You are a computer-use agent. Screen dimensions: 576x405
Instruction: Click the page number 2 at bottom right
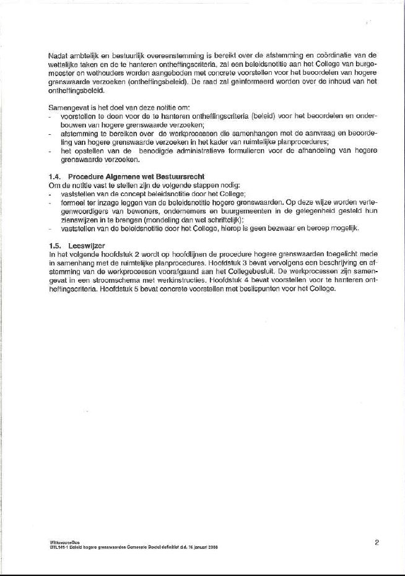pyautogui.click(x=377, y=543)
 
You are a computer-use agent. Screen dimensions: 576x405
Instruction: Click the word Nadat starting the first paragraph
pyautogui.click(x=58, y=56)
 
